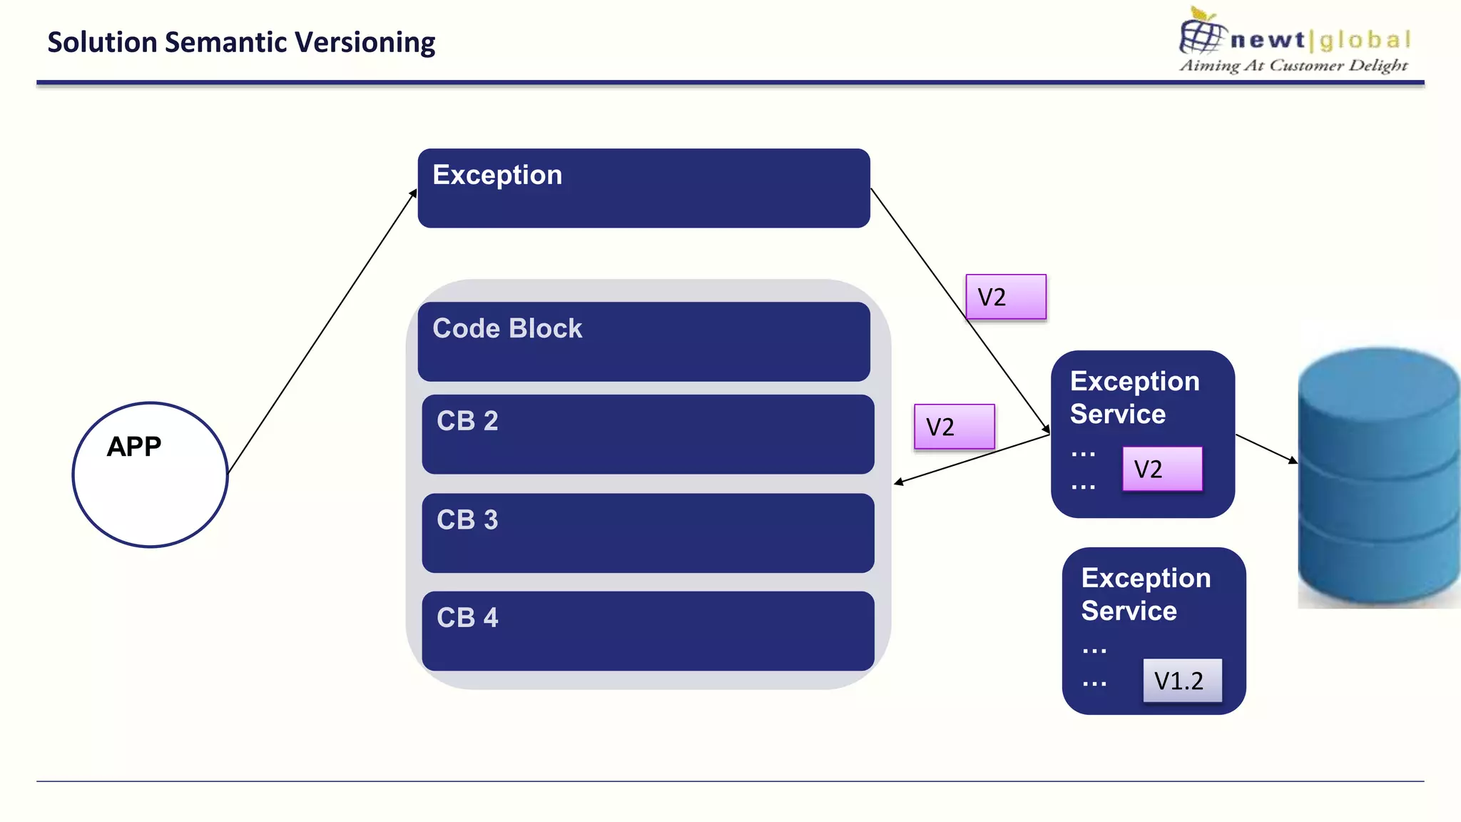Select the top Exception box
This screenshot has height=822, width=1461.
[643, 188]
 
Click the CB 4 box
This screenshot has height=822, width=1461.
[648, 631]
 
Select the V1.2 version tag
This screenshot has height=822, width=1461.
[1181, 681]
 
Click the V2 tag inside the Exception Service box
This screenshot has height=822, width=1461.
[1161, 469]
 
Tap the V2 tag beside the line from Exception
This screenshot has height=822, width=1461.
[1006, 297]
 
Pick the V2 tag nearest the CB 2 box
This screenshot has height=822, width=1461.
[954, 427]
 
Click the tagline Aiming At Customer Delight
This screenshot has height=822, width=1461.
[1293, 66]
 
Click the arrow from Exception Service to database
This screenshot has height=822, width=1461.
[1266, 448]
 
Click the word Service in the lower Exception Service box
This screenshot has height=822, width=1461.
[1129, 611]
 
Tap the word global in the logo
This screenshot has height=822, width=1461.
[1364, 40]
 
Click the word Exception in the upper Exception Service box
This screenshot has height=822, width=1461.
[1134, 381]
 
